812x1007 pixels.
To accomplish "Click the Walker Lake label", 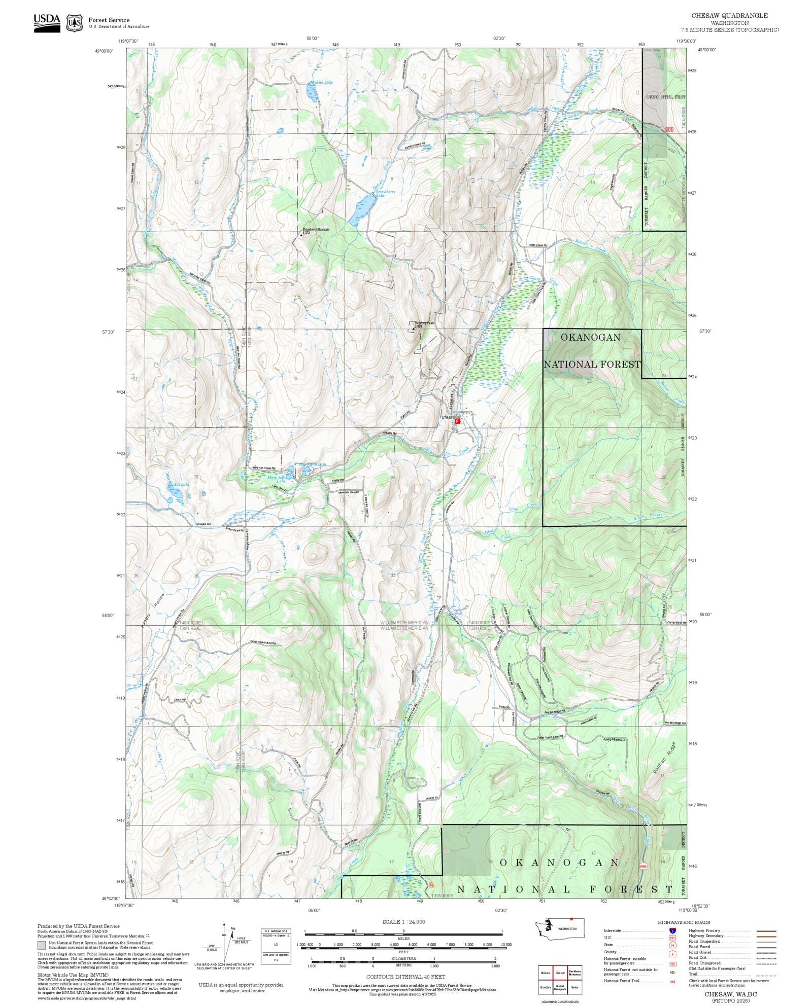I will coord(322,82).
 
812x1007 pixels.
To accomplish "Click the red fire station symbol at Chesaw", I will coord(457,421).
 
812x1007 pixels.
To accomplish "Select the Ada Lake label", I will coord(181,485).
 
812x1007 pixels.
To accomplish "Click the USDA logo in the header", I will coord(47,23).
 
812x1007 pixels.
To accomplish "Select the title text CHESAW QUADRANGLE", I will coord(729,16).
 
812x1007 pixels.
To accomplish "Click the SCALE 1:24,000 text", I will coord(403,922).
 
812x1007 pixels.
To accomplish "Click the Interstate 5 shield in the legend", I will coord(673,931).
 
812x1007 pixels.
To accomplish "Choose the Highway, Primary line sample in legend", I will coord(766,931).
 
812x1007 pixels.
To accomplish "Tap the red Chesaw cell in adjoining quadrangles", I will coord(560,973).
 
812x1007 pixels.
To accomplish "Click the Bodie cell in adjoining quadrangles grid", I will coord(574,987).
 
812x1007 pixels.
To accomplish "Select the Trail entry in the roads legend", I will coord(693,974).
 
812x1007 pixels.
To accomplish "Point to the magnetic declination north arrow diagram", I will coord(225,944).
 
